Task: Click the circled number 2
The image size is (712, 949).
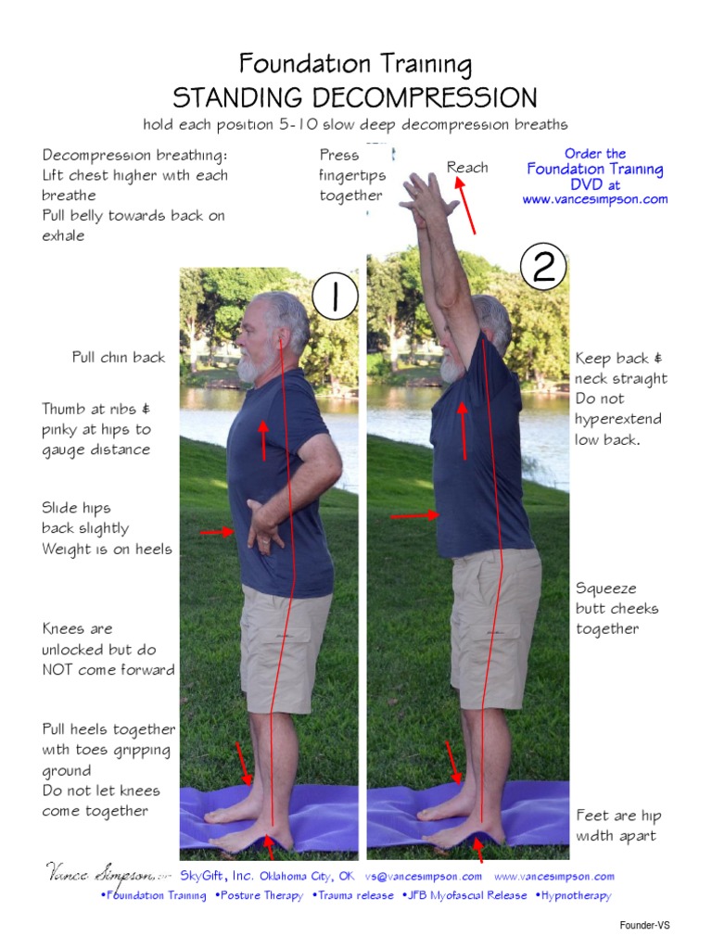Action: click(x=543, y=267)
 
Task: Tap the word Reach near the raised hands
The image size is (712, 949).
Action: click(x=467, y=167)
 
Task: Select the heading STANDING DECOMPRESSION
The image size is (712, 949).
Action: click(x=355, y=97)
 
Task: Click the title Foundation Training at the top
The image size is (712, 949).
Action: click(x=355, y=64)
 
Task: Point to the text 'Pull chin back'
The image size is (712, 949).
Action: click(x=119, y=358)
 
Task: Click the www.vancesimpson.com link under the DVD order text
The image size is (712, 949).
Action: click(x=594, y=199)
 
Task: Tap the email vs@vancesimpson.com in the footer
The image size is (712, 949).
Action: click(x=423, y=876)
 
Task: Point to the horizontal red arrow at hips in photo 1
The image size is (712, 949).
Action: click(x=217, y=532)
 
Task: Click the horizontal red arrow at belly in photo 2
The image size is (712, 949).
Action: click(x=414, y=514)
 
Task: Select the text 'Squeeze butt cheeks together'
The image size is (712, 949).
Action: click(x=617, y=609)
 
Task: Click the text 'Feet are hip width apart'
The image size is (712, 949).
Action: click(x=618, y=826)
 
